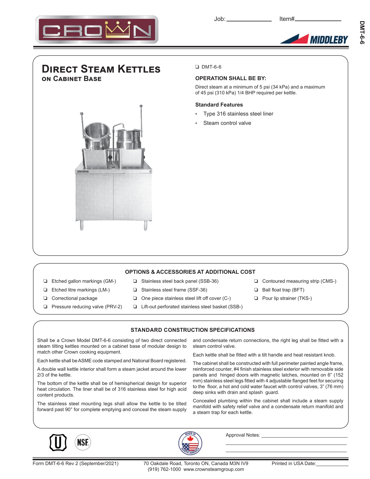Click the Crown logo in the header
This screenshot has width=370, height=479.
coord(97,30)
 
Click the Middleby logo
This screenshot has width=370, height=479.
coord(314,39)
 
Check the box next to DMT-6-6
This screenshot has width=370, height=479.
coord(197,67)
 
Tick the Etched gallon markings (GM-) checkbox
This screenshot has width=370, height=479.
coord(45,281)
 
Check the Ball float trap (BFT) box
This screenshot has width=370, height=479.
coord(256,290)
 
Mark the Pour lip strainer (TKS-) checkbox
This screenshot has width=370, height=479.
coord(256,298)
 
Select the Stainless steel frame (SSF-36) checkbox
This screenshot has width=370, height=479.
coord(135,290)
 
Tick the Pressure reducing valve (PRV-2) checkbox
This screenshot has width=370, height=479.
coord(45,307)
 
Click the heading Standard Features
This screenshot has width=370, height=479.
coord(219,105)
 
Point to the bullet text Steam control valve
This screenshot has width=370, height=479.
coord(227,123)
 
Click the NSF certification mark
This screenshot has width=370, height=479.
coord(83,442)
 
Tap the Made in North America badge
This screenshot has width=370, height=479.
coord(190,443)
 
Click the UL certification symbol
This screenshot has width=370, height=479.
coord(58,442)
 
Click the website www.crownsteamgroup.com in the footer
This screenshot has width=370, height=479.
coord(214,469)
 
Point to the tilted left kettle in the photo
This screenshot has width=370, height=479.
coord(97,135)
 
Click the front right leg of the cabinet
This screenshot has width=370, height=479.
coord(145,225)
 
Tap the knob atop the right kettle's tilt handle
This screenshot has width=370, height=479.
coord(141,106)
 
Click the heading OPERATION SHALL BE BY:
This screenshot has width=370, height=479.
coord(230,78)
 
